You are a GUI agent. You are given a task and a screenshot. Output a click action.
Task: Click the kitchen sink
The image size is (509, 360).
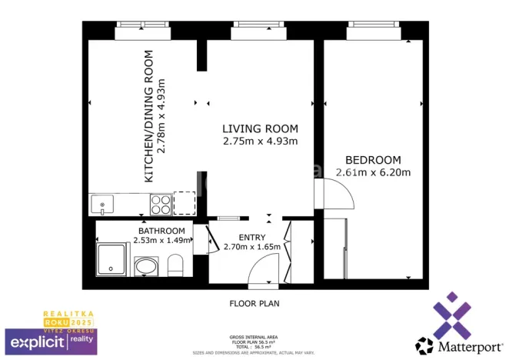[102, 204]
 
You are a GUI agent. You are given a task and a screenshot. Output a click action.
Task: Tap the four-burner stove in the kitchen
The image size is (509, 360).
[161, 204]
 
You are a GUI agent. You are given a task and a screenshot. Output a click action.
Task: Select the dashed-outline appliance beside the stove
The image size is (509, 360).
[185, 203]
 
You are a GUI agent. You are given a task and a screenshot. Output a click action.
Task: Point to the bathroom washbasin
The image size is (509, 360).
[145, 267]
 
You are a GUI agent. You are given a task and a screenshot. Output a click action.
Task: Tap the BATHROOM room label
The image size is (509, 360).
[161, 231]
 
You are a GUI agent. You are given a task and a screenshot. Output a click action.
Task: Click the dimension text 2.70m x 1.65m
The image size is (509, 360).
[252, 247]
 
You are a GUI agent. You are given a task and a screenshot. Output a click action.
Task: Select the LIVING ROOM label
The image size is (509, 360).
[260, 128]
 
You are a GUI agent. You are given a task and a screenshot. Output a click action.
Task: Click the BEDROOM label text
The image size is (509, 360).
[372, 160]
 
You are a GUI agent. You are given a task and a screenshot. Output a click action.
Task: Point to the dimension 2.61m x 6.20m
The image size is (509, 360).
[372, 172]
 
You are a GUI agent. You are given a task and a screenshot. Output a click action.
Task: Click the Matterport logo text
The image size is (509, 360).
[461, 343]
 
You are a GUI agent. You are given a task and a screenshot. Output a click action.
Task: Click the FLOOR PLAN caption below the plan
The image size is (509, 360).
[254, 303]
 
